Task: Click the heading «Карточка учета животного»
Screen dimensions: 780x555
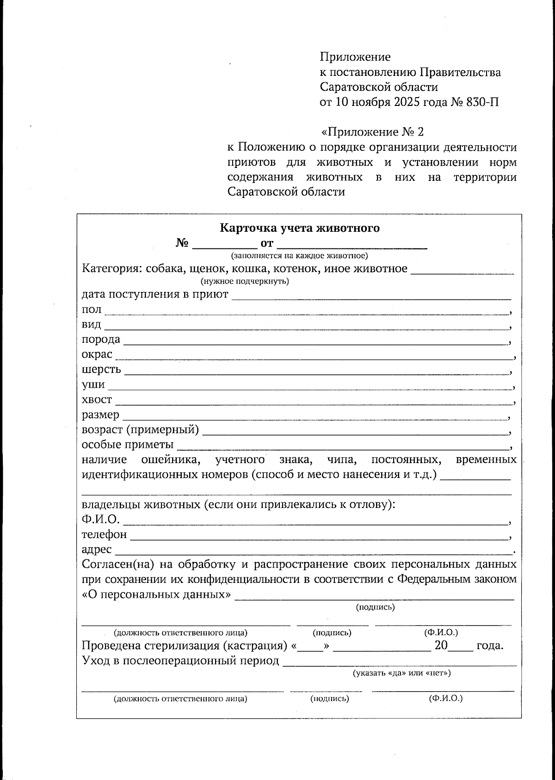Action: click(x=299, y=228)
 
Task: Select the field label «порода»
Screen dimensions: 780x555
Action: click(x=101, y=340)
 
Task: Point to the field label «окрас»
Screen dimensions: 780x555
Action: click(x=97, y=354)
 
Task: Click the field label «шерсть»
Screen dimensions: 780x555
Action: click(x=101, y=370)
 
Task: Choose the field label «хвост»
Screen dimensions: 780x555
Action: click(x=97, y=400)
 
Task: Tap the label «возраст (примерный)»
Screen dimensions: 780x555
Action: click(x=140, y=430)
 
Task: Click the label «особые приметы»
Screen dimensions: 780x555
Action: click(x=128, y=445)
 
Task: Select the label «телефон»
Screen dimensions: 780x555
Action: click(x=104, y=535)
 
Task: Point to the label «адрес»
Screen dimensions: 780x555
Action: click(x=97, y=550)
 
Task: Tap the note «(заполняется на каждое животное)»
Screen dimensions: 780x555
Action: click(x=299, y=255)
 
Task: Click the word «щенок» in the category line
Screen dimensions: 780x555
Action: click(x=210, y=269)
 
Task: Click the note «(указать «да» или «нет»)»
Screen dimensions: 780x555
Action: click(x=401, y=673)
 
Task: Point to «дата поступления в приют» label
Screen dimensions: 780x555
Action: click(x=155, y=295)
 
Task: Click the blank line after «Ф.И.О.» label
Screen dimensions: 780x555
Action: click(x=314, y=522)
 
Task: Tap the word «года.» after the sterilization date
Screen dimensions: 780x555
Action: click(x=489, y=646)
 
